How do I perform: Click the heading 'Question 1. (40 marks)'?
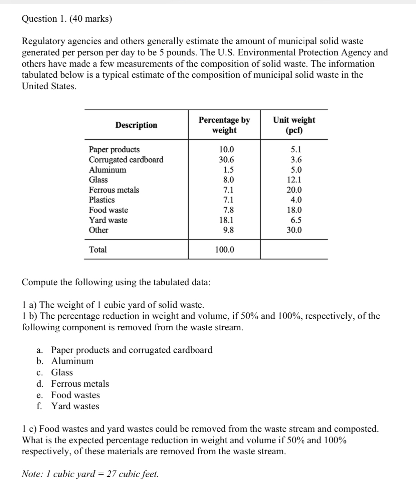(x=67, y=19)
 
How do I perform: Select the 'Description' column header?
(x=136, y=125)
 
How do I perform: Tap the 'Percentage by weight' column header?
(x=224, y=125)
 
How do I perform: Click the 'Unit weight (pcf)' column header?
(x=294, y=125)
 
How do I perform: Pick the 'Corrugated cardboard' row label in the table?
(x=126, y=160)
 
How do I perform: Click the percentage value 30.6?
(x=226, y=160)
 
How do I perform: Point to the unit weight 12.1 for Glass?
(x=294, y=180)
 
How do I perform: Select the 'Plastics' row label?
(x=102, y=200)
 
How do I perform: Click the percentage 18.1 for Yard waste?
(x=226, y=220)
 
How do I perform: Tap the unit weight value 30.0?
(x=294, y=230)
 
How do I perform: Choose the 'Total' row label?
(x=98, y=250)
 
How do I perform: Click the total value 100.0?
(x=224, y=250)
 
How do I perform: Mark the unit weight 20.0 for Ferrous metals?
(x=294, y=190)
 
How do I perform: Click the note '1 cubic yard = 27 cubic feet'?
(x=90, y=474)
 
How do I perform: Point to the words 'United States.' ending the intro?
(x=49, y=86)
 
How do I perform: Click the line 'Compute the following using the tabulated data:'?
(x=116, y=282)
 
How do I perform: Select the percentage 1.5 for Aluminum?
(x=228, y=170)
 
